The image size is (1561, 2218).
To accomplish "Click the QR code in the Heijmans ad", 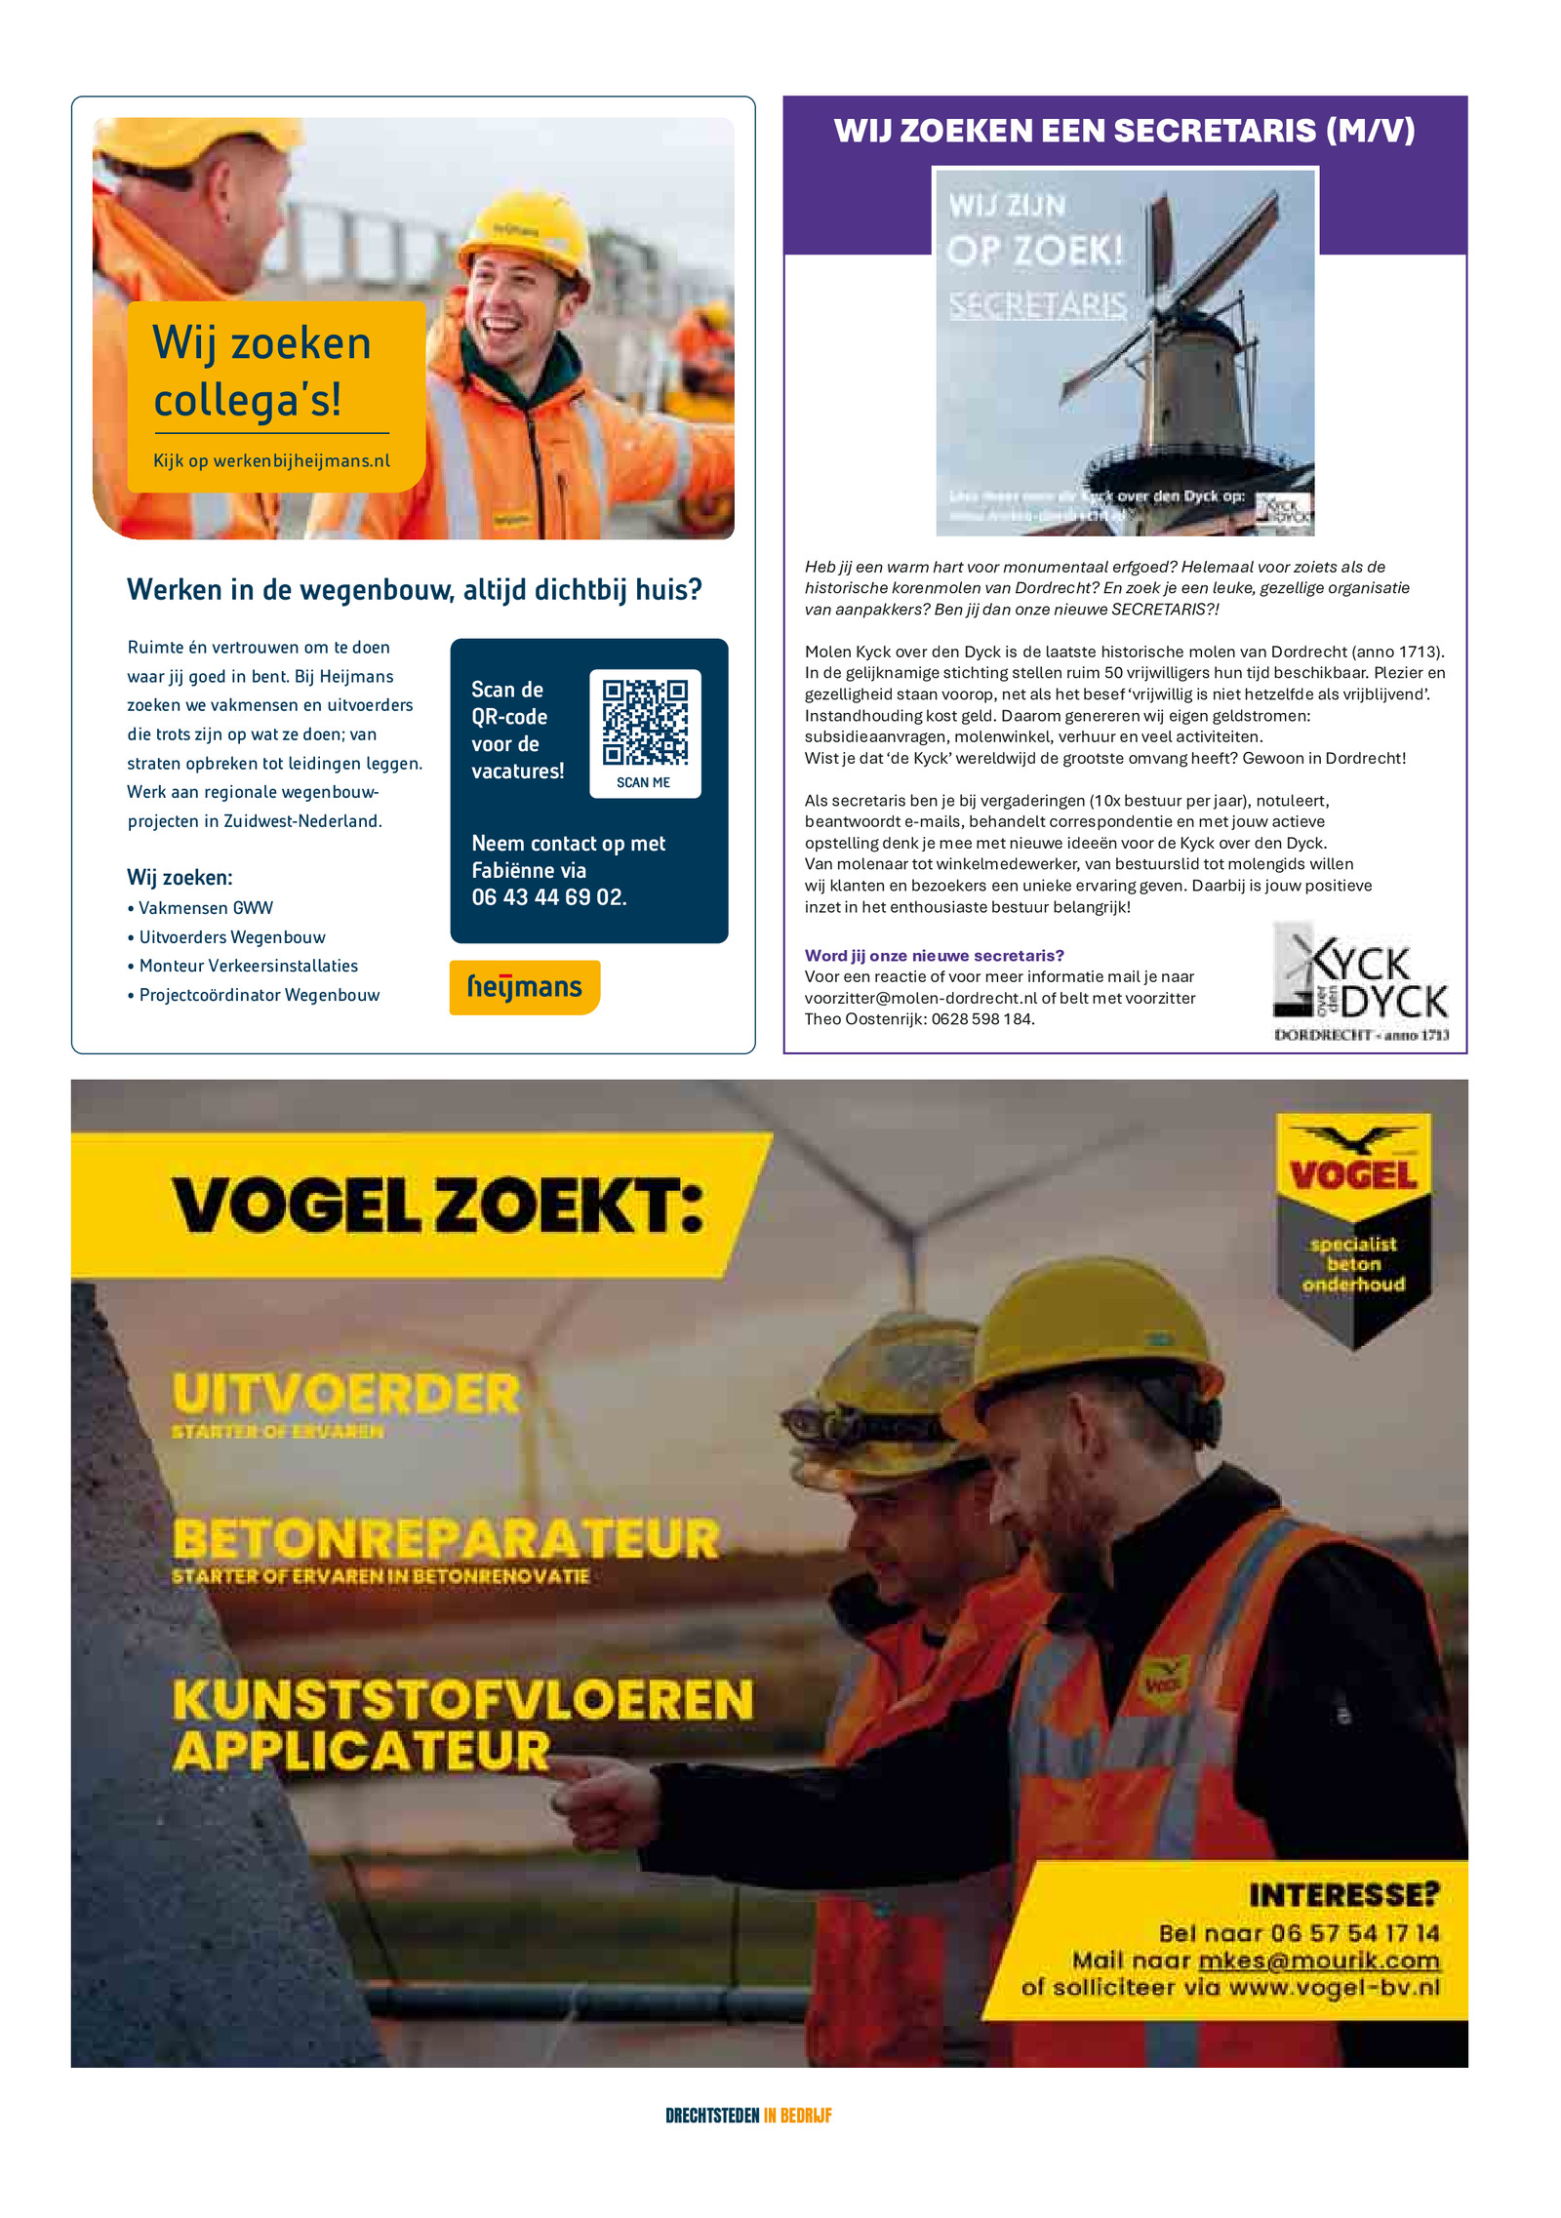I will point(644,722).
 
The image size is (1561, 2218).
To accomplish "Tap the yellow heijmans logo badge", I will point(525,987).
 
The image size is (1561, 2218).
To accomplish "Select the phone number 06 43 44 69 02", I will point(548,897).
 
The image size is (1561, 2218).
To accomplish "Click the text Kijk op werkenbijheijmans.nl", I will point(271,460).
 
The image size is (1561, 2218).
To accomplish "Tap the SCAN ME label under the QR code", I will point(643,782).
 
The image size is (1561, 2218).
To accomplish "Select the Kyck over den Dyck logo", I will point(1361,983).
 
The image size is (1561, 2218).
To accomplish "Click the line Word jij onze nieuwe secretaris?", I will point(934,956).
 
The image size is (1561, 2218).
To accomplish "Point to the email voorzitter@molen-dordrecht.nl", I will point(920,998).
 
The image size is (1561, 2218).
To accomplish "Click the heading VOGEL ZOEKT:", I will point(437,1206).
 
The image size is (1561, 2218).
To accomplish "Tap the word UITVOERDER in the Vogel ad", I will point(346,1393).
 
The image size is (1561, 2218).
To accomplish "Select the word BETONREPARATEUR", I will point(446,1539).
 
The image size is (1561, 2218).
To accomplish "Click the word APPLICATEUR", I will point(361,1751).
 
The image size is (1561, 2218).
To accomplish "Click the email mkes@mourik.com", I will point(1318,1961).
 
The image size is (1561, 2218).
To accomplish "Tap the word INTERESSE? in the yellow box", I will point(1343,1895).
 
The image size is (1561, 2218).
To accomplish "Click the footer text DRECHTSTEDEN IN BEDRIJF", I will point(748,2116).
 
